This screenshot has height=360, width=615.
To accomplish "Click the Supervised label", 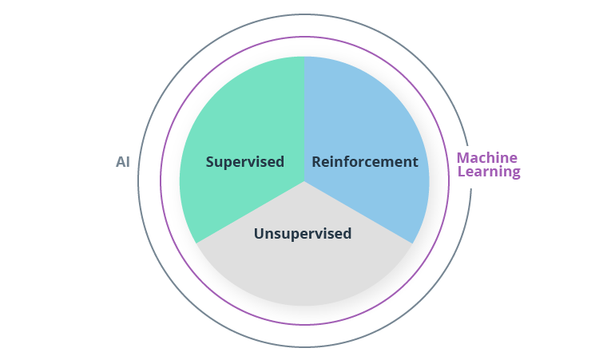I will [244, 162].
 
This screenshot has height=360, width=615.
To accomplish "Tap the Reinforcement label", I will [364, 162].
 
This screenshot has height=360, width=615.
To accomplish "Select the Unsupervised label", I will [303, 234].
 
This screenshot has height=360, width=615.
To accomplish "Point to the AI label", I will [123, 162].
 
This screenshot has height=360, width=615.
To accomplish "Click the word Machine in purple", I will [487, 158].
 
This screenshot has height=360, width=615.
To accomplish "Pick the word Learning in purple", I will [489, 172].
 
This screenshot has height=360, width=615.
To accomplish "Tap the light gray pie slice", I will [304, 271].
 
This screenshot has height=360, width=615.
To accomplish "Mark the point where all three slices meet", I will [304, 181].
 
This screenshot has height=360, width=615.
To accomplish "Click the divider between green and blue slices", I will [304, 104].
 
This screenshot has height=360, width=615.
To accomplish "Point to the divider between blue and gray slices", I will [359, 212].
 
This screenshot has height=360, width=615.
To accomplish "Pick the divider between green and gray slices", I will [249, 212].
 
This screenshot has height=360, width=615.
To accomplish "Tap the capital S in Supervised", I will [210, 162].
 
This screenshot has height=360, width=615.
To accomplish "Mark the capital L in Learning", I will [461, 172].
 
